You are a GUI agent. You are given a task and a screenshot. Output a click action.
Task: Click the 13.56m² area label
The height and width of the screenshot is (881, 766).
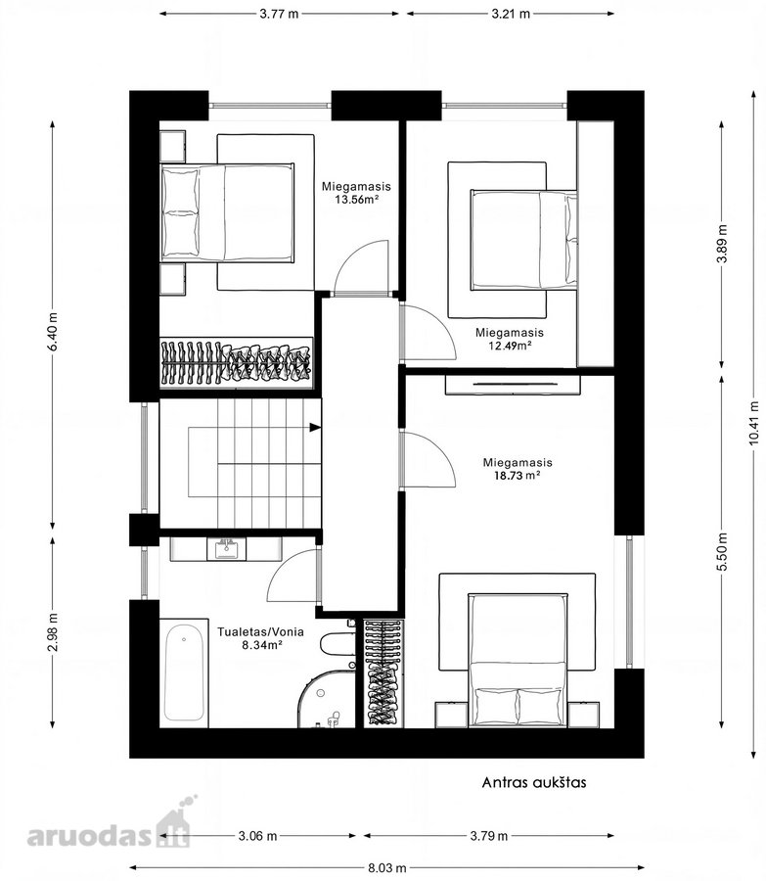click(356, 200)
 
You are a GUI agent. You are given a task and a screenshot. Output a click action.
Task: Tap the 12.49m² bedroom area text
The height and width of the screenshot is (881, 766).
click(510, 346)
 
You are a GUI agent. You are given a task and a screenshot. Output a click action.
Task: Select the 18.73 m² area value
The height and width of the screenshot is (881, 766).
click(517, 476)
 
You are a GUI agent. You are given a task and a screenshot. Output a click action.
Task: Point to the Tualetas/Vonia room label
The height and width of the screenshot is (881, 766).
click(260, 631)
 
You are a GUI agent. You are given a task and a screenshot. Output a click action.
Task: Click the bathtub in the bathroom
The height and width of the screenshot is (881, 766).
click(184, 672)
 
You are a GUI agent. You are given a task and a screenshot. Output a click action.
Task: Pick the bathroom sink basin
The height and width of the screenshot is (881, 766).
click(226, 549)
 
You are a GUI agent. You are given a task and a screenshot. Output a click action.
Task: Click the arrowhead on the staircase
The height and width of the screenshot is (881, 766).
click(315, 428)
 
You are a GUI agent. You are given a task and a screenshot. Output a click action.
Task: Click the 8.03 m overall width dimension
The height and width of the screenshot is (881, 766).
click(387, 868)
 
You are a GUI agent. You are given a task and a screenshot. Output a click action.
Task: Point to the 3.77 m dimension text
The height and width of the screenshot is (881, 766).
click(279, 14)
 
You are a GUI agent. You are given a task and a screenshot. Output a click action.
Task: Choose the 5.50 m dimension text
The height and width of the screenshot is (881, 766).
click(722, 551)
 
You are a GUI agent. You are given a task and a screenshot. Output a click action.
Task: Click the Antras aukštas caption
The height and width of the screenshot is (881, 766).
click(534, 782)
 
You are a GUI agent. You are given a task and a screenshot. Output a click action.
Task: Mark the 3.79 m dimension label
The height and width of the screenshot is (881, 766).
click(488, 836)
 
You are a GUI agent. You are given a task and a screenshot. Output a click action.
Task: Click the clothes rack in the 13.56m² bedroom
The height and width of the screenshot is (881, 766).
click(236, 362)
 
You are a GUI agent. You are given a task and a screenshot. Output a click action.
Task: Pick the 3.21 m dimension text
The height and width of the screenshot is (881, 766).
click(511, 14)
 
